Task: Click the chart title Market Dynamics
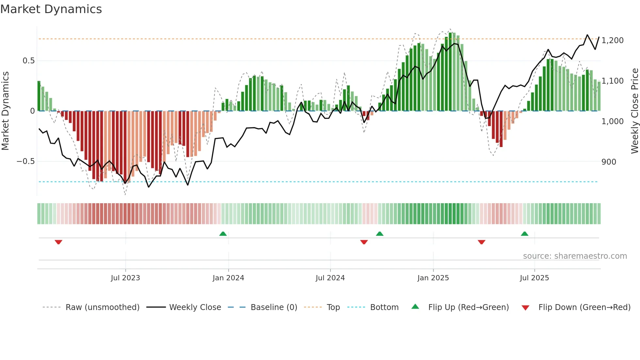pos(51,9)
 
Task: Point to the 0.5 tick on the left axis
pos(28,61)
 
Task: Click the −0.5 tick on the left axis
pos(25,161)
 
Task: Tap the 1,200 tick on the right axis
pos(612,41)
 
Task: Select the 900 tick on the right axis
pos(609,162)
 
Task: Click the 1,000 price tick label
pos(612,122)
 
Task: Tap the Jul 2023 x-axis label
pos(125,278)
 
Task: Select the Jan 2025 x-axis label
pos(433,278)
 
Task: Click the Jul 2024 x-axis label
pos(330,278)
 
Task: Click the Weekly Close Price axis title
pos(634,111)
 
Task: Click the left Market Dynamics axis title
pos(5,111)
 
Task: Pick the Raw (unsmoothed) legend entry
pos(102,307)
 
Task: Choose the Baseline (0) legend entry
pos(274,307)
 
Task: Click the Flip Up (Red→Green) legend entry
pos(468,307)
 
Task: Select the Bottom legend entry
pos(384,307)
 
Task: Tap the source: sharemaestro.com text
pos(575,256)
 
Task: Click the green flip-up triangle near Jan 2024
pos(223,234)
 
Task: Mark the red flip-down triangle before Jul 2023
pos(58,242)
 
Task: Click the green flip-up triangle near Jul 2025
pos(524,234)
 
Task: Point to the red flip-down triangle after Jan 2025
pos(481,242)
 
